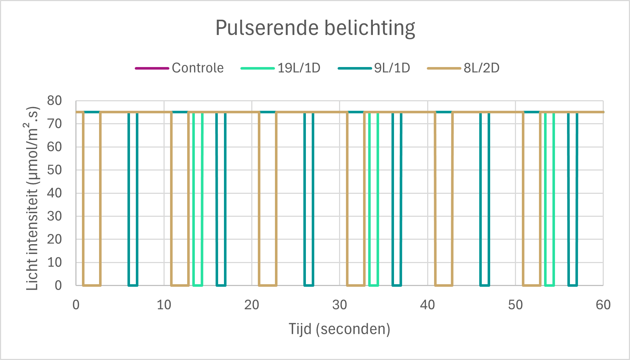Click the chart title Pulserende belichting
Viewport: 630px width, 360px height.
[315, 28]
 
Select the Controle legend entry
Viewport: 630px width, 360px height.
[180, 68]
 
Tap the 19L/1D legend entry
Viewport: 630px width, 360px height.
[280, 68]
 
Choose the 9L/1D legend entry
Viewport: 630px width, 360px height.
[374, 68]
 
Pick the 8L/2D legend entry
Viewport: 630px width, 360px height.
[463, 68]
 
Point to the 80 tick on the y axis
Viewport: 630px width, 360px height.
[54, 101]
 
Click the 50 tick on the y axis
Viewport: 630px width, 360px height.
[54, 170]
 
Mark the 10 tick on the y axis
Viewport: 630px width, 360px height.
[54, 262]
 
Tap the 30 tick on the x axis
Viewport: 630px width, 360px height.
[339, 305]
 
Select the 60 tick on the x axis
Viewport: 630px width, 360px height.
[603, 305]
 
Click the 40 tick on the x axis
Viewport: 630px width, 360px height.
[427, 305]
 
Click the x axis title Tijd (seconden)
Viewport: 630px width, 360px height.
[339, 329]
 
